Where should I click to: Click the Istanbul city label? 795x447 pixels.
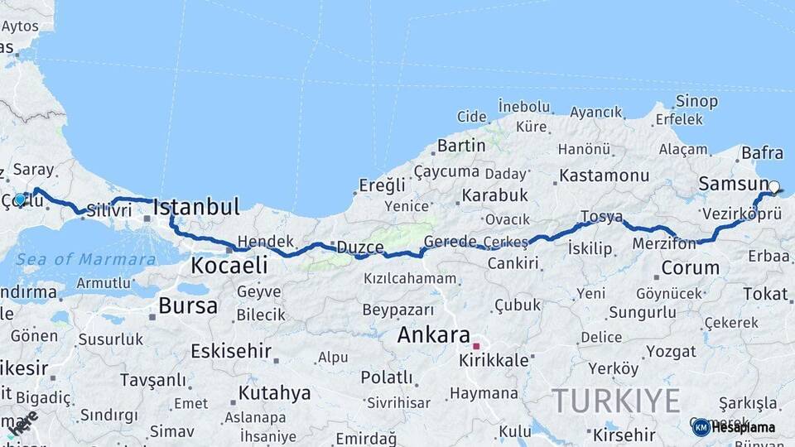(x=196, y=206)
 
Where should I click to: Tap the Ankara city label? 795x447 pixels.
(x=434, y=335)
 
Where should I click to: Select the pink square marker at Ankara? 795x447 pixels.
(x=476, y=345)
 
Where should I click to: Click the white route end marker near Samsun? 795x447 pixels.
(x=773, y=187)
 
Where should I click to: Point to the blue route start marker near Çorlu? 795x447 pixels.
(x=20, y=199)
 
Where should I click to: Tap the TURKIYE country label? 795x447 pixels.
(x=616, y=401)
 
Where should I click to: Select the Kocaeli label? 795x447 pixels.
(x=229, y=265)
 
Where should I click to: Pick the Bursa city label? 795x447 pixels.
(x=188, y=305)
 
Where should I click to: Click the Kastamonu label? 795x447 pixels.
(x=604, y=175)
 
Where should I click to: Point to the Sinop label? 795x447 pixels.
(x=696, y=101)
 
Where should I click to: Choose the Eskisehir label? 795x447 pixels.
(x=231, y=351)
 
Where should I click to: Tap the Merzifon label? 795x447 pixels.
(x=663, y=244)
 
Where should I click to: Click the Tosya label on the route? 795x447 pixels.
(x=601, y=217)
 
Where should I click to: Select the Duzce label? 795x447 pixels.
(x=360, y=247)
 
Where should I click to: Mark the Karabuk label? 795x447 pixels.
(x=494, y=195)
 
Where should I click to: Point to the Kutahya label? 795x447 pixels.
(x=274, y=392)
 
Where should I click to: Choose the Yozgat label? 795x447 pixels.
(x=671, y=351)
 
